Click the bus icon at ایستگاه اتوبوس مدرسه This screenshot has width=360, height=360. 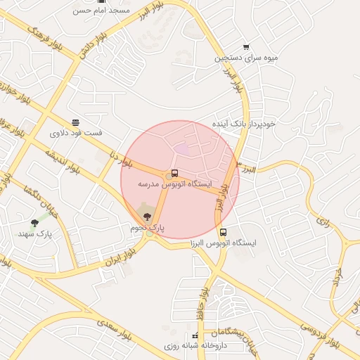pyautogui.click(x=174, y=174)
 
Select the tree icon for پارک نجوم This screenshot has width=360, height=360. pyautogui.click(x=146, y=217)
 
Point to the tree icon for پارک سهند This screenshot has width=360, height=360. pyautogui.click(x=34, y=223)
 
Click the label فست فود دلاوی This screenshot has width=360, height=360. pyautogui.click(x=75, y=132)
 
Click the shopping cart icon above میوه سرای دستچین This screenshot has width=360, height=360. pyautogui.click(x=245, y=46)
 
